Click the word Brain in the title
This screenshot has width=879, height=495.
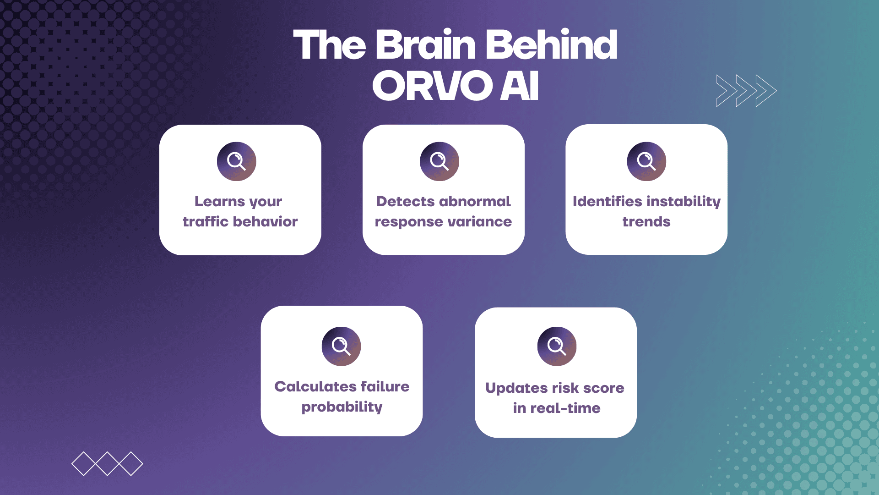coord(426,45)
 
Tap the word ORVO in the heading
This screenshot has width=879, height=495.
coord(432,86)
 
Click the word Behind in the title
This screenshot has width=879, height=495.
coord(551,45)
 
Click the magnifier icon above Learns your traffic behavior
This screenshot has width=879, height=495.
coord(236,161)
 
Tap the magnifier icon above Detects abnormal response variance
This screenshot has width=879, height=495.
coord(439,161)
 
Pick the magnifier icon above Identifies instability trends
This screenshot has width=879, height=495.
coord(646,161)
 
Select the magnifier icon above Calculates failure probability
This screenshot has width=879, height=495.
coord(341,346)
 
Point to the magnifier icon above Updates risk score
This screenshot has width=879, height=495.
coord(557,346)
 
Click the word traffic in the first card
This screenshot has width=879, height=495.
coord(206,222)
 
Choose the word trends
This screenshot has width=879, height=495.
coord(646,222)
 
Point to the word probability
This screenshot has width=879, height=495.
coord(342,407)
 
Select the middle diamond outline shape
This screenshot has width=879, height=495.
coord(107,463)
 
